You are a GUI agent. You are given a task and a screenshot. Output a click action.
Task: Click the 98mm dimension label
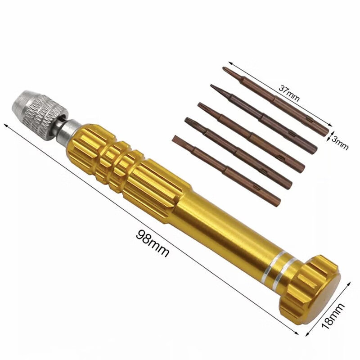pyautogui.click(x=153, y=243)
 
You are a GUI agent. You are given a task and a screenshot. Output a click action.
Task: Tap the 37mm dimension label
pyautogui.click(x=289, y=93)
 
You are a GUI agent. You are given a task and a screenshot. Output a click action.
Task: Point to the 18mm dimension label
pyautogui.click(x=333, y=316)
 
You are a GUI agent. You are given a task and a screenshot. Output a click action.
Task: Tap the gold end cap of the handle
pyautogui.click(x=310, y=290)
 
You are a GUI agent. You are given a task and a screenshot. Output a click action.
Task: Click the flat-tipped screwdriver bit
pyautogui.click(x=226, y=170)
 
